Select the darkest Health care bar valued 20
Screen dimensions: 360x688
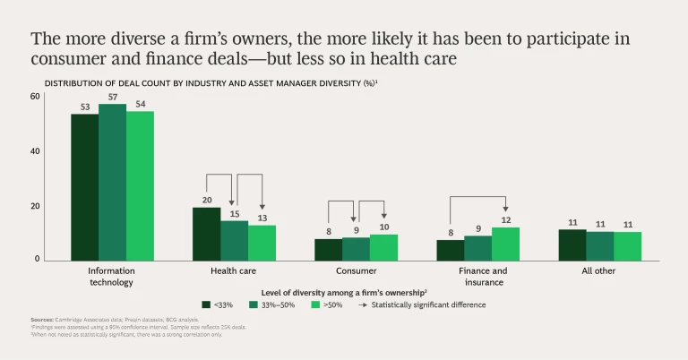coord(206,234)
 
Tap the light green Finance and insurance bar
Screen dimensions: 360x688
coord(505,244)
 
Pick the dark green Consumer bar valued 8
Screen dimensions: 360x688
coord(328,249)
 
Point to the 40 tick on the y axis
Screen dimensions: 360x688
coord(36,150)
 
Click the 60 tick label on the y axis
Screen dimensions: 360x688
coord(36,96)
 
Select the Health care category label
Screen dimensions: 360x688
coord(234,270)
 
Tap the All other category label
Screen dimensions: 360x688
coord(587,270)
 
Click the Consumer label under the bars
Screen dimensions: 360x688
coord(356,270)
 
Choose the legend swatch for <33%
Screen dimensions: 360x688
coord(208,304)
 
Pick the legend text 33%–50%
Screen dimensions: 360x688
coord(279,304)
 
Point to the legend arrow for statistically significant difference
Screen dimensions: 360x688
coord(364,304)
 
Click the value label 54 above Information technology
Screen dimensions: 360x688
coord(140,104)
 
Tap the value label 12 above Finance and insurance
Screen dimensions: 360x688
coord(505,220)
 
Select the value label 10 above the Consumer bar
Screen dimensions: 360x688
coord(383,227)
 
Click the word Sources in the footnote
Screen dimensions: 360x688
coord(42,320)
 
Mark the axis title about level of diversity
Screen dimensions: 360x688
coord(344,292)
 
